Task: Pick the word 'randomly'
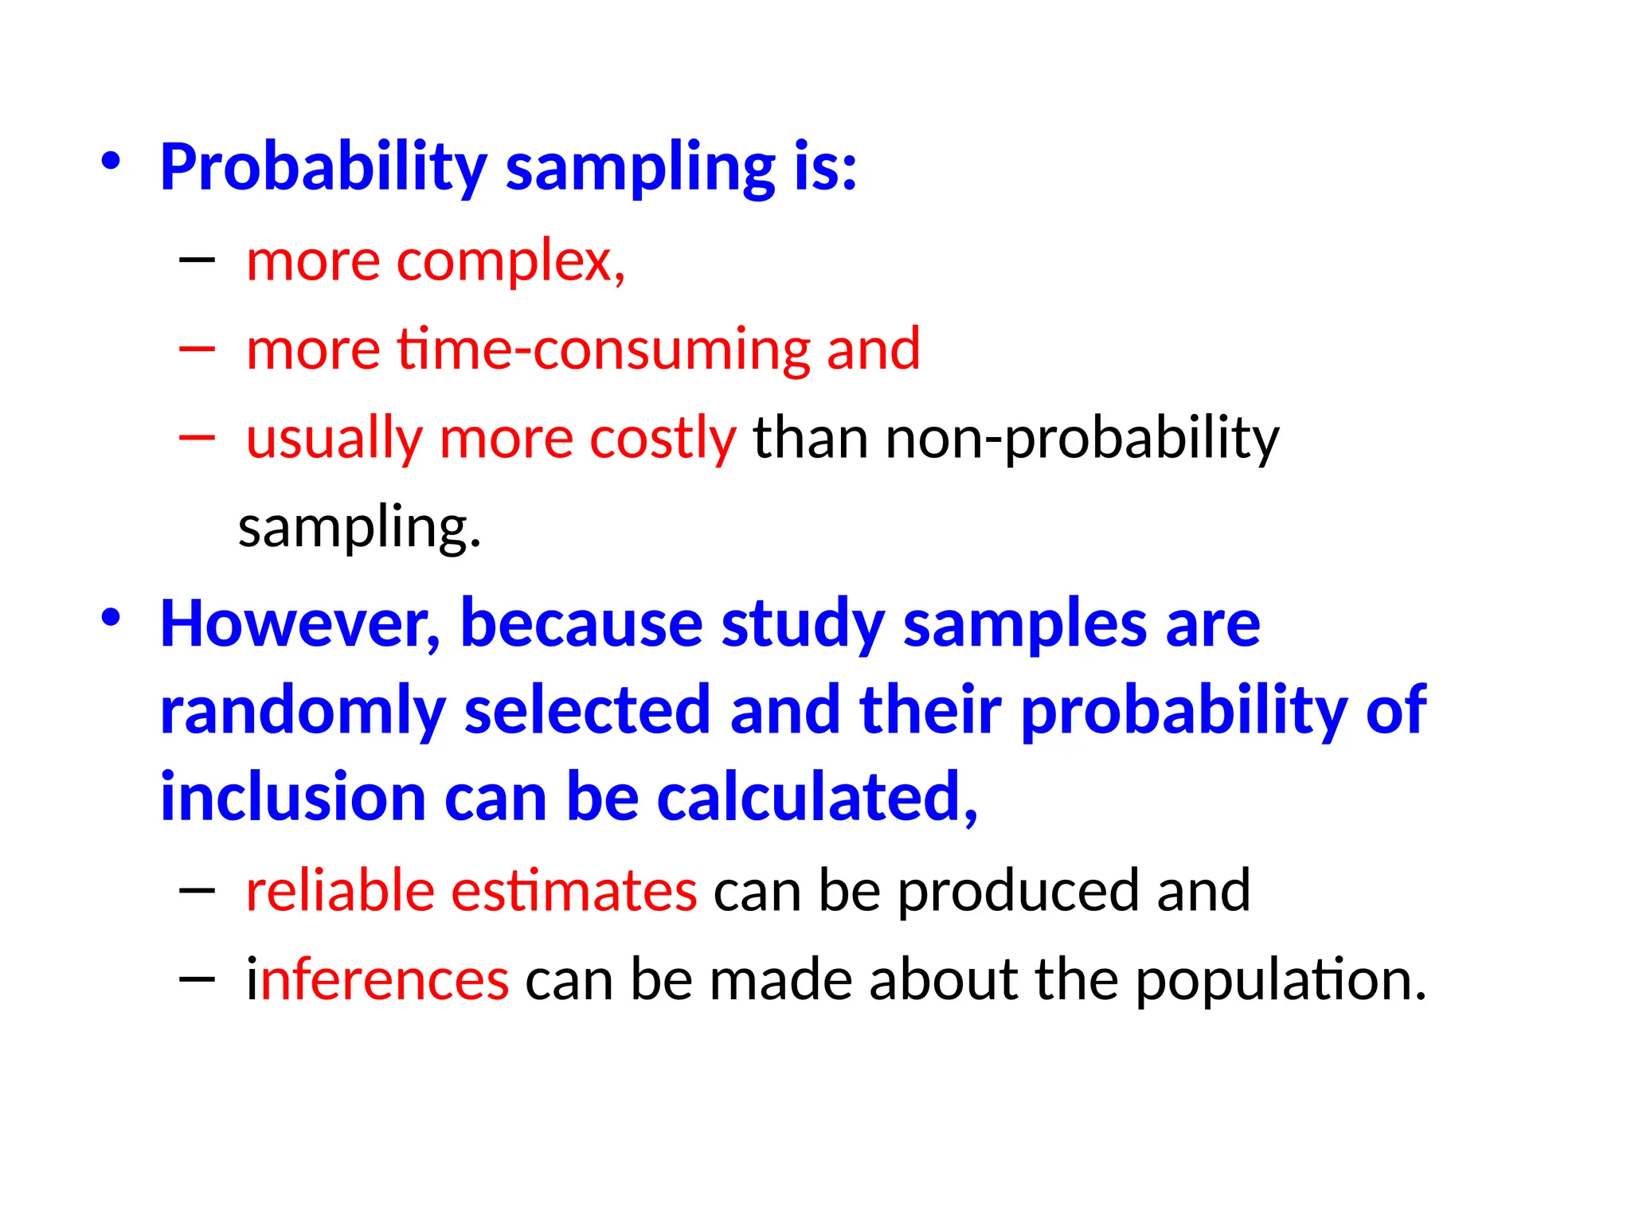pos(303,711)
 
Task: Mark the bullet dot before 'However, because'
pos(111,618)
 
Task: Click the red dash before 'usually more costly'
pos(198,436)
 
